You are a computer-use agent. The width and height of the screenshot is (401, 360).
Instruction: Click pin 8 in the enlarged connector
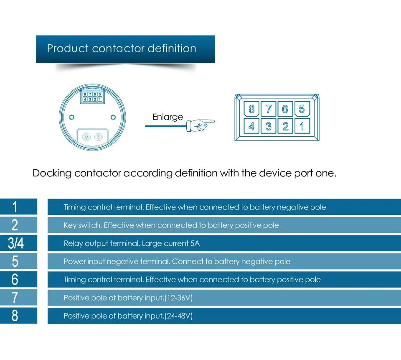point(251,110)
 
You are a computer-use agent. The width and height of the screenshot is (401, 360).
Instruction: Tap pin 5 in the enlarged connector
point(302,110)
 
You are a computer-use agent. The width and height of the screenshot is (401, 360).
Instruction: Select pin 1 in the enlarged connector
point(302,126)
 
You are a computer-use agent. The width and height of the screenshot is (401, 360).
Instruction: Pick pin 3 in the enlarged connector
point(269,126)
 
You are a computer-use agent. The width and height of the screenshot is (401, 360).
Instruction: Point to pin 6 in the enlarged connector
point(285,110)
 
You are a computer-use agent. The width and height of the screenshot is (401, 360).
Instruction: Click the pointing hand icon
point(200,124)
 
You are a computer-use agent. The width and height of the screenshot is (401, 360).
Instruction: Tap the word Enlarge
point(168,117)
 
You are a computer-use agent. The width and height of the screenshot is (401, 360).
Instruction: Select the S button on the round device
point(98,137)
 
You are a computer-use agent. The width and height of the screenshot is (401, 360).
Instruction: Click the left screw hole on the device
point(72,117)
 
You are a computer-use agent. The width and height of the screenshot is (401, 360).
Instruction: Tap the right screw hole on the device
point(113,117)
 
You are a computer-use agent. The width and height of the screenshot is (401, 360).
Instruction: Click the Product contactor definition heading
point(122,49)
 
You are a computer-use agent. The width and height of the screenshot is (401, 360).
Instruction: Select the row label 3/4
point(16,243)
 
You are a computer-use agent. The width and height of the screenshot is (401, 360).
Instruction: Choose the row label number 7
point(15,297)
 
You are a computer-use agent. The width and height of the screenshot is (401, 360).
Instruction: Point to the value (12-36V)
point(178,298)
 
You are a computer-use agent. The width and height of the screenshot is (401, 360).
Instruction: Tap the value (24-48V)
point(178,316)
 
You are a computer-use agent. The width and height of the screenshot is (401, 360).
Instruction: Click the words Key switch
point(82,225)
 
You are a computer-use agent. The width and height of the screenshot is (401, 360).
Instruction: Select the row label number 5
point(15,261)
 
